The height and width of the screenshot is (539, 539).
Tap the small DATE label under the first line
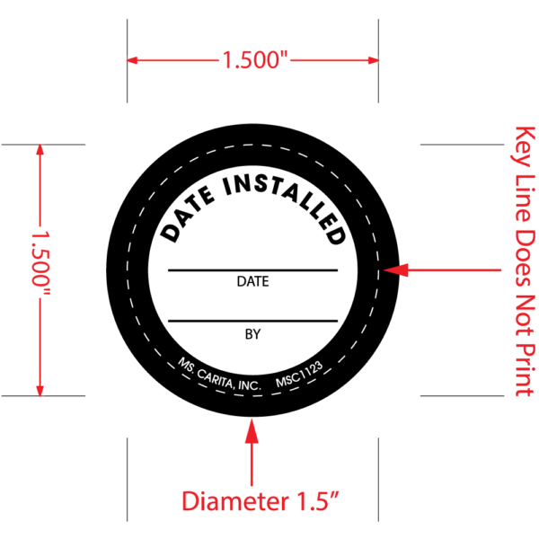[252, 281]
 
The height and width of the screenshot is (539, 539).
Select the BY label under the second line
[252, 333]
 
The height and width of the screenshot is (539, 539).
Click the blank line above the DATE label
[252, 269]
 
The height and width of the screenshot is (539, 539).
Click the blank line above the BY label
[252, 321]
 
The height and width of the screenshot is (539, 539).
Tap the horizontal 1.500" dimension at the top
[252, 61]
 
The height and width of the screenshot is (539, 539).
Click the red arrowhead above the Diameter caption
[252, 432]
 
